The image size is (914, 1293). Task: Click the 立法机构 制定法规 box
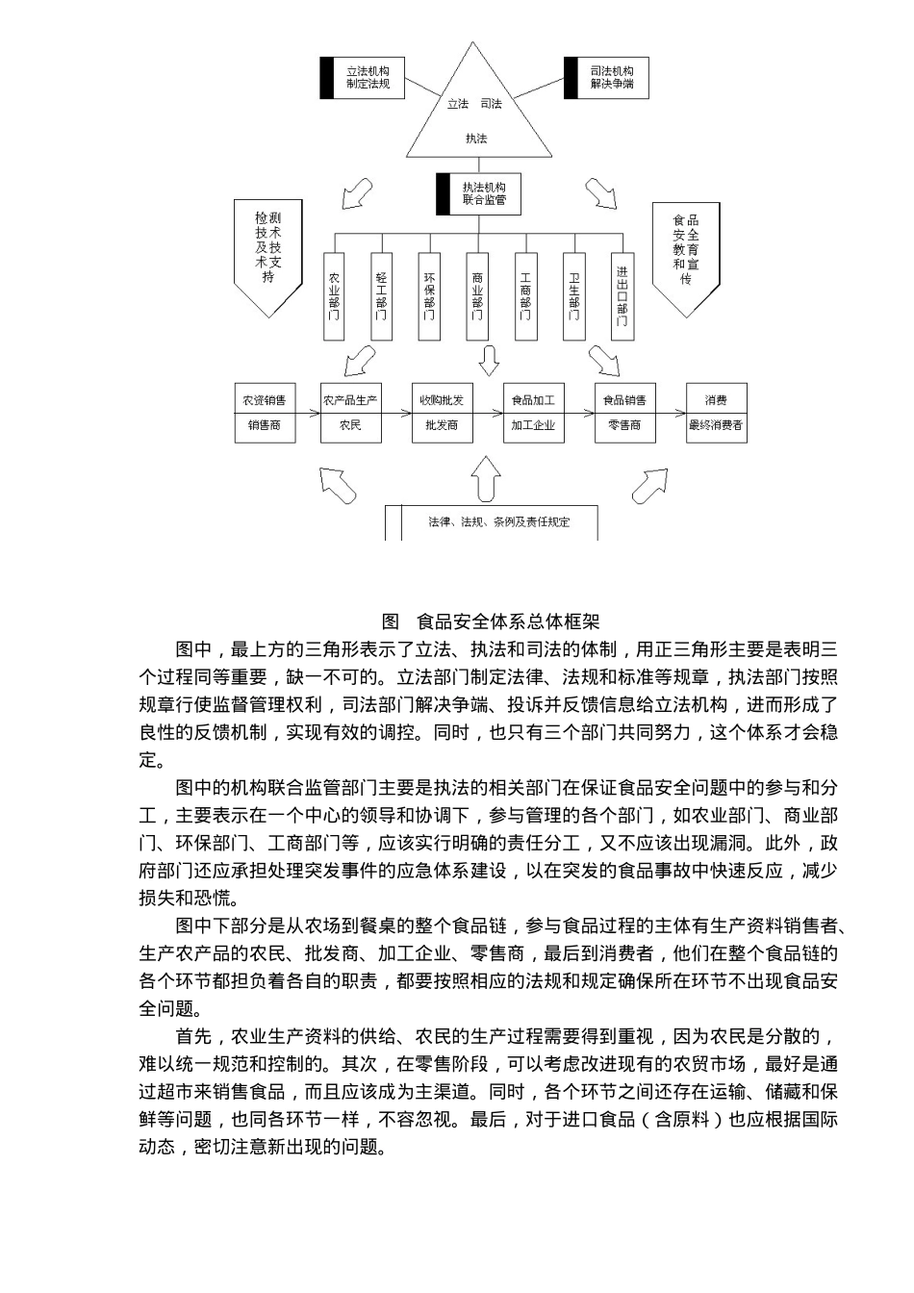pos(362,78)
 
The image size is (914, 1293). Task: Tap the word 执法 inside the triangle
pos(476,139)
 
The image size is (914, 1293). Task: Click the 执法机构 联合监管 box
pos(478,193)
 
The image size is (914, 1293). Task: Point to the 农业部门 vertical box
pos(334,295)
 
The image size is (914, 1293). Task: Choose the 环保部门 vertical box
pos(429,295)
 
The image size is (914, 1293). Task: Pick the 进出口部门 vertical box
pos(622,295)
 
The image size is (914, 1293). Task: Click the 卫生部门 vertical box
pos(573,295)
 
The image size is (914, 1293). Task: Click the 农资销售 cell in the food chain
pos(265,400)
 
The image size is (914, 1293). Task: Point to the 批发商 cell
pos(442,425)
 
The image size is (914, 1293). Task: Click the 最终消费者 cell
pos(716,425)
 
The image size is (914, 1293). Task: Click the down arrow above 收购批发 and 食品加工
pos(489,360)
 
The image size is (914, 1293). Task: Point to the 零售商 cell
pos(624,425)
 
